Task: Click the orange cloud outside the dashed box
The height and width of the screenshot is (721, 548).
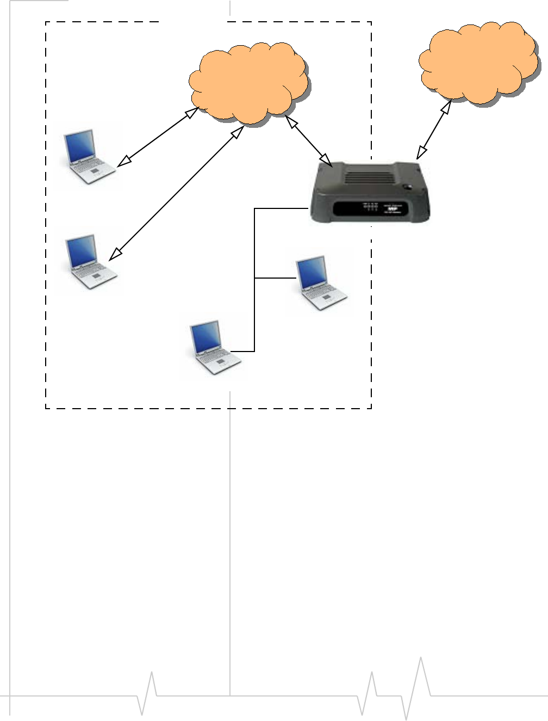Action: click(x=477, y=63)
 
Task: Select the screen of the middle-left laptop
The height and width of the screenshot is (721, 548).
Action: click(x=82, y=252)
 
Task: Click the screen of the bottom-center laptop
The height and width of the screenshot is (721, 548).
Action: click(x=206, y=338)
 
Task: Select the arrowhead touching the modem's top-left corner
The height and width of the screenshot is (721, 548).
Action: click(x=327, y=162)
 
